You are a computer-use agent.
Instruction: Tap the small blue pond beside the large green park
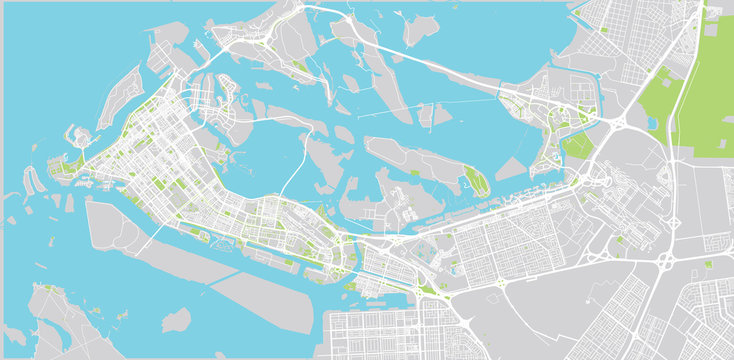pos(652,123)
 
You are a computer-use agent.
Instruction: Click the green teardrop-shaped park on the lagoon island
pos(474,180)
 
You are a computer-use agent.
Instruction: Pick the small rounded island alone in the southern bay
pos(176,320)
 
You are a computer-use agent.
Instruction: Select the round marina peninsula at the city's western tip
pos(79,137)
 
